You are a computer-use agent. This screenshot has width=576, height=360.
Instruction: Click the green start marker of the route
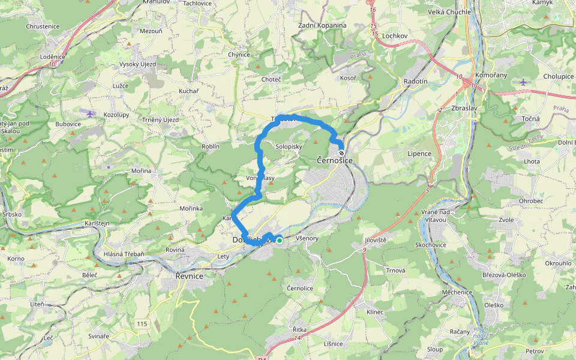point(280,240)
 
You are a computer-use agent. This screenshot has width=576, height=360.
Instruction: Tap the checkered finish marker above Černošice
point(341,152)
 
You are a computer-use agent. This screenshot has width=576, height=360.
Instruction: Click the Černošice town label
point(334,161)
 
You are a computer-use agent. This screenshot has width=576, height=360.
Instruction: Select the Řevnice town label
point(189,276)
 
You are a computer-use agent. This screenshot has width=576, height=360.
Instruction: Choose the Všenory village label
point(307,238)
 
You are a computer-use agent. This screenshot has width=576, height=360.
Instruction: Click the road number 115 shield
point(142,324)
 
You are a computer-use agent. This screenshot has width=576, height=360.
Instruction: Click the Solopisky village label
point(288,146)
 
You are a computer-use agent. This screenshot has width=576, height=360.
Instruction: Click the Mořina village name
point(141,171)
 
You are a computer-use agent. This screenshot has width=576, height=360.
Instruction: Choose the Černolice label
point(299,289)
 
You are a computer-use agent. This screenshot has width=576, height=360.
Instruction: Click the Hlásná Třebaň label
point(124,254)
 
